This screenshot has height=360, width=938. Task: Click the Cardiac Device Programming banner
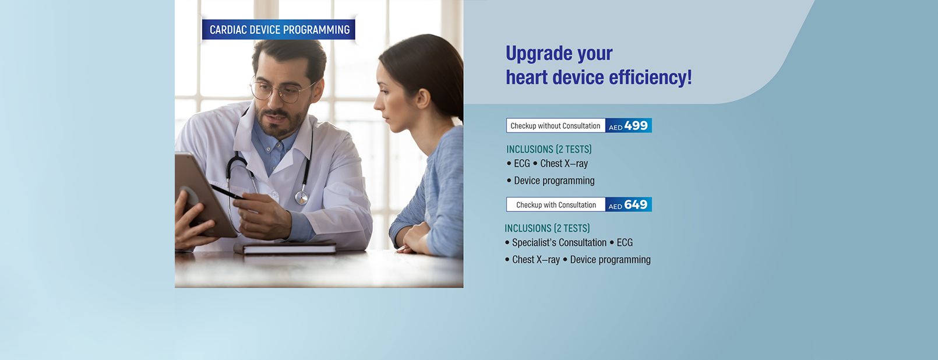[x=278, y=29]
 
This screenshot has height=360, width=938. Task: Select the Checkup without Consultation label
[x=556, y=126]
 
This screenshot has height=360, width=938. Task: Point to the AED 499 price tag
[x=629, y=126]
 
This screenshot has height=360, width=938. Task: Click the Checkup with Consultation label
[x=556, y=204]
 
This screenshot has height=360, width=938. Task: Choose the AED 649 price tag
[x=629, y=204]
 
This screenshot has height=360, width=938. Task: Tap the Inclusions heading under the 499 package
[x=549, y=150]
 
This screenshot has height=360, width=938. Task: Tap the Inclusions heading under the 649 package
[x=547, y=228]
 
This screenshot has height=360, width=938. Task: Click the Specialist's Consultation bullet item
[x=559, y=243]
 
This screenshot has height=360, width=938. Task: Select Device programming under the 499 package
[x=554, y=181]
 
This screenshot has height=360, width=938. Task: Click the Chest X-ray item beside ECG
[x=563, y=164]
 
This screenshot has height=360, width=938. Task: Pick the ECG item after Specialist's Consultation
[x=625, y=243]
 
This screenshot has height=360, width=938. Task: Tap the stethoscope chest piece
[x=302, y=197]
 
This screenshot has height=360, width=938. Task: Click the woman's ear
[x=422, y=98]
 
